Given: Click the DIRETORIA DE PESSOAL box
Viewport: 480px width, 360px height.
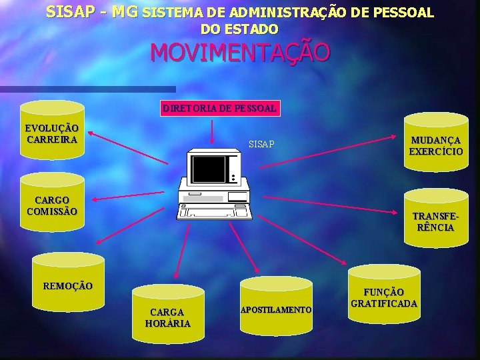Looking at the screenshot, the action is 219,107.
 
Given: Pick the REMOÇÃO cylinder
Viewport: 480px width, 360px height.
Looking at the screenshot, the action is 69,287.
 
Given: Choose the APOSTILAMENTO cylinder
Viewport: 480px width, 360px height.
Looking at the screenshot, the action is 275,309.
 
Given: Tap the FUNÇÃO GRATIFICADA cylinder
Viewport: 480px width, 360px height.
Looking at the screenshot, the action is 384,297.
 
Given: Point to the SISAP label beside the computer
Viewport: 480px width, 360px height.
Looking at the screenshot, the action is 261,144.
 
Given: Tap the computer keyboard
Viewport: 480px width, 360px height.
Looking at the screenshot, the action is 215,211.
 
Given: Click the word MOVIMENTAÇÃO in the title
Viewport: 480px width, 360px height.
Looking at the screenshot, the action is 239,53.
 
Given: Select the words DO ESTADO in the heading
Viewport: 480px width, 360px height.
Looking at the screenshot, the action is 239,29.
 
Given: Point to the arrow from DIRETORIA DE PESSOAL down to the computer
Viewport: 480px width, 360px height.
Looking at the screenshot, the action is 211,130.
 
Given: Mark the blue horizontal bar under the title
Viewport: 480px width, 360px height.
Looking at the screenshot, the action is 87,89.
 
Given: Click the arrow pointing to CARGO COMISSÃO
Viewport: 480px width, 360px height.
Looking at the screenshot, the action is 133,193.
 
